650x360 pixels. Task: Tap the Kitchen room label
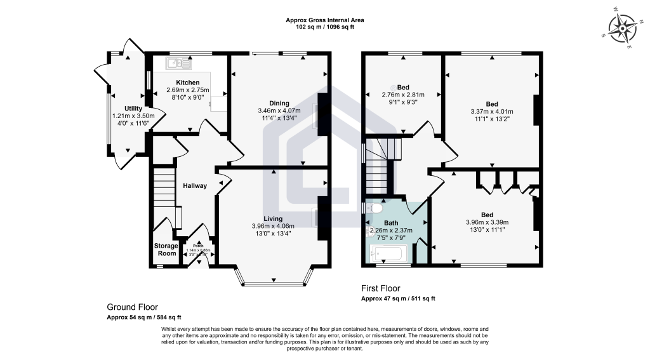188,83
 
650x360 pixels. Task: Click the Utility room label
133,109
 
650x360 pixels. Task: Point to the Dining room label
279,103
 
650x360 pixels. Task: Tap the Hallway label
195,186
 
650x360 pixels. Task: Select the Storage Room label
166,250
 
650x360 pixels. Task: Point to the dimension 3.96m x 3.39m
487,222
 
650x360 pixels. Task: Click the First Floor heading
381,288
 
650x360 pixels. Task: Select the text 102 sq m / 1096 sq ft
324,27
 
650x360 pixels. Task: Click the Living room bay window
274,276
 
